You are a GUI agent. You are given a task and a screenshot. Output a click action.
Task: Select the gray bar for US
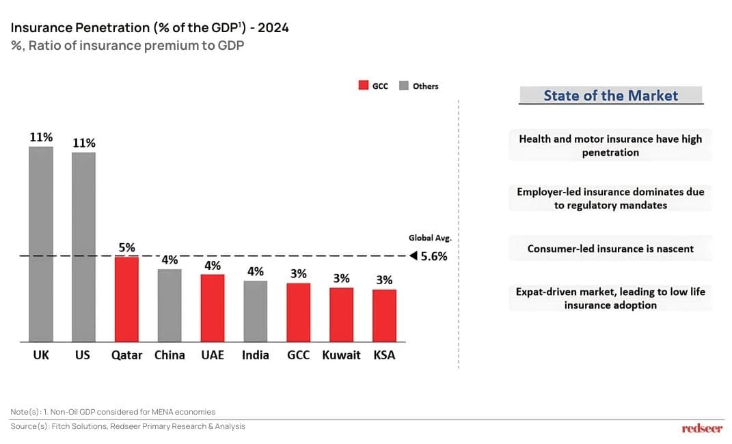(x=83, y=247)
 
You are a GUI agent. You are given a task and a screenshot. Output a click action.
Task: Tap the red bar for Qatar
(x=126, y=299)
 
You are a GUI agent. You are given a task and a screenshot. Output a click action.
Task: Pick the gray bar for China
(x=170, y=305)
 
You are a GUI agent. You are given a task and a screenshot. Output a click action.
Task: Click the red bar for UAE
(x=213, y=308)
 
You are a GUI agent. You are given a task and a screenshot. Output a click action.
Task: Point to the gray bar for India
(x=256, y=311)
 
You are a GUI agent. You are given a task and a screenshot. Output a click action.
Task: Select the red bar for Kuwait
(x=341, y=314)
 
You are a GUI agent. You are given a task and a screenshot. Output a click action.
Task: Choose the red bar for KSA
(x=384, y=316)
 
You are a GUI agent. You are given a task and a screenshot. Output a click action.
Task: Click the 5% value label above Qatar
(x=126, y=247)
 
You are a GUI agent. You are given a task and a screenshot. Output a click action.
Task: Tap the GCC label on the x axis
(x=299, y=355)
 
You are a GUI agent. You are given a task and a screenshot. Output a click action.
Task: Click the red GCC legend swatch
(x=364, y=86)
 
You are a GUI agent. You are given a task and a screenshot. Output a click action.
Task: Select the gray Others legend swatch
(x=404, y=86)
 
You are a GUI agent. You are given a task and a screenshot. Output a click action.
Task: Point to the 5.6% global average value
(x=434, y=257)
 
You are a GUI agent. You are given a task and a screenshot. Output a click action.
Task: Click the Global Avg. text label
(x=431, y=238)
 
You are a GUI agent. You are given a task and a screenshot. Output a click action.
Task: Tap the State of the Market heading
(x=610, y=96)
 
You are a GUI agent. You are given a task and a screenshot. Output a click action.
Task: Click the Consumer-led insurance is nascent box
(x=610, y=249)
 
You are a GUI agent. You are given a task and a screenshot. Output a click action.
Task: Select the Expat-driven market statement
(x=610, y=299)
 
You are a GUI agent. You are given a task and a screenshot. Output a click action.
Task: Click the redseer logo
(x=702, y=428)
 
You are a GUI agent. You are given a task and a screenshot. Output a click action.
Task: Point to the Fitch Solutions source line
(x=128, y=426)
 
